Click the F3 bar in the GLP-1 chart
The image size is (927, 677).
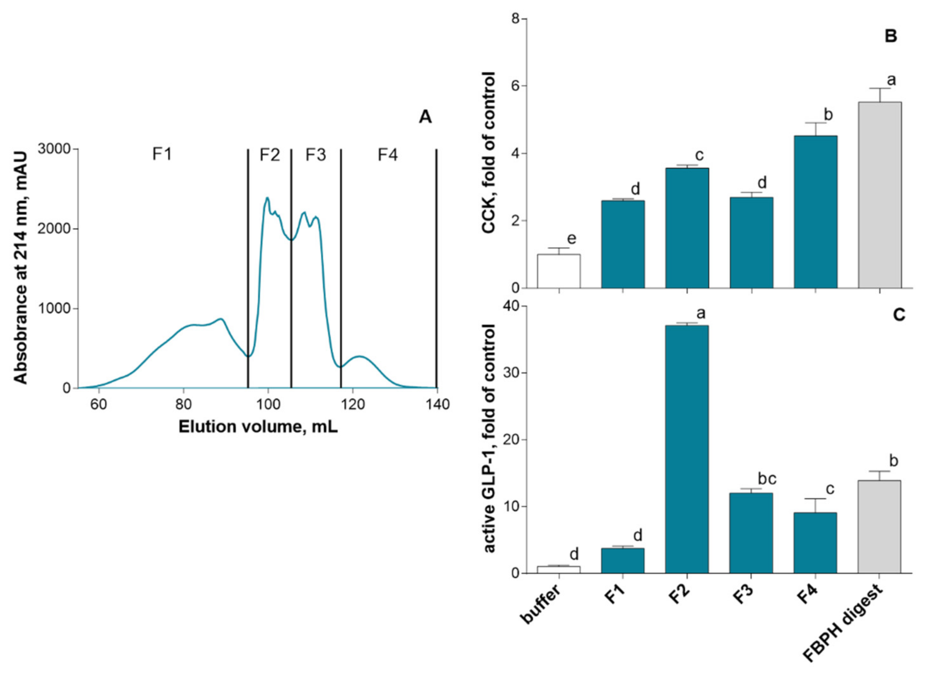pos(751,533)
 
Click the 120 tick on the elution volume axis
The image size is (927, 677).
pos(353,405)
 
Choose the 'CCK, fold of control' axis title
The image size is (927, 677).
pos(489,153)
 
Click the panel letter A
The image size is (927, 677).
pos(425,118)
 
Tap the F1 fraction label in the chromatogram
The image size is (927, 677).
pos(162,155)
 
